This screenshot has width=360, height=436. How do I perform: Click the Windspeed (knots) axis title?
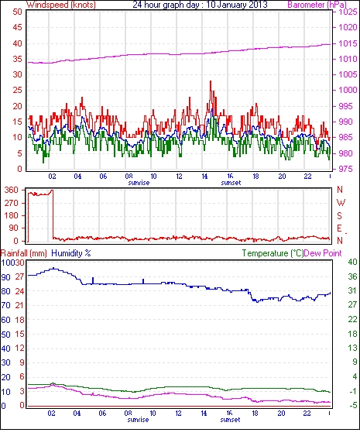click(61, 5)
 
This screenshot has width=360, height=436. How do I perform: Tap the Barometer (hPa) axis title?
click(317, 5)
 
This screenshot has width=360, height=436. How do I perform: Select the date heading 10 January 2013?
click(237, 5)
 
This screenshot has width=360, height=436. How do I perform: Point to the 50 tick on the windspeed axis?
click(17, 12)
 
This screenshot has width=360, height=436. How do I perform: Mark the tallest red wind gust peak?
click(211, 81)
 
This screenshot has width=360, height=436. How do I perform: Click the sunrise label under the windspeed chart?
click(139, 183)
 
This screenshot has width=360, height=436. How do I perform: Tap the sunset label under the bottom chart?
click(230, 419)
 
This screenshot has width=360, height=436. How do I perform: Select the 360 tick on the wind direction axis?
click(12, 191)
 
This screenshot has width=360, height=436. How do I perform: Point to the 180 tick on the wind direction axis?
click(12, 215)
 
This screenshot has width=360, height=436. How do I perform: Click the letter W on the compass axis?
click(341, 203)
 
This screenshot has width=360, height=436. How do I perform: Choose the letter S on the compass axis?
click(339, 215)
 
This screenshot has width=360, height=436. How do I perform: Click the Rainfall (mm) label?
click(24, 253)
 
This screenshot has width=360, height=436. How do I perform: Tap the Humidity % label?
click(71, 253)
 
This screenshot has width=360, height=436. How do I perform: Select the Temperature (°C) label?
click(273, 253)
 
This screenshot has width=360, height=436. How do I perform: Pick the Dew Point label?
click(323, 253)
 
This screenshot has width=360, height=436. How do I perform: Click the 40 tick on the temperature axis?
click(352, 262)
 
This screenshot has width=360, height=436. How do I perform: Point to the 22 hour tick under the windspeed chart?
click(307, 177)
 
